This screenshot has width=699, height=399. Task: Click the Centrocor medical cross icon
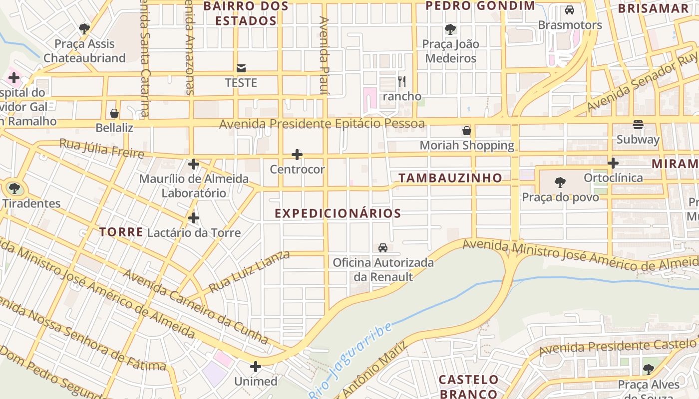[297, 155]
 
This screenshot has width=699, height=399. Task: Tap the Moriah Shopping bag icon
[467, 131]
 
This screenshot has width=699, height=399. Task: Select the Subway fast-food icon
[638, 125]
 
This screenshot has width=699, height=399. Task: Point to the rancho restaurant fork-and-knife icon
[402, 81]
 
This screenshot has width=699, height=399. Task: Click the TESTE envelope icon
[241, 68]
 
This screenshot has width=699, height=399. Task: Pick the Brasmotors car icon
[569, 10]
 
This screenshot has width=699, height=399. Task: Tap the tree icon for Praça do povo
[560, 183]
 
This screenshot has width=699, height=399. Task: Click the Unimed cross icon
[256, 367]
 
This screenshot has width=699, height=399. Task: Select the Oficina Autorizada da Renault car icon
[383, 247]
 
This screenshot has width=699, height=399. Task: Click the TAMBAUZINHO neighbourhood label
[450, 178]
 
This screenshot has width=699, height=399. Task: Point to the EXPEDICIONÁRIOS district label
[338, 213]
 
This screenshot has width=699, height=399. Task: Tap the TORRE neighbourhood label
[121, 232]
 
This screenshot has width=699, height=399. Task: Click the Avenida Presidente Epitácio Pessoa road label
[322, 123]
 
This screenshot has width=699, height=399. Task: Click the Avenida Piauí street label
[325, 55]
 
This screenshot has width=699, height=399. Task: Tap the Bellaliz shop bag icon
[114, 113]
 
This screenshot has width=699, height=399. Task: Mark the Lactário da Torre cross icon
[194, 218]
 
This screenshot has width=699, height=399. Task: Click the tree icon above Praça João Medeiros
[450, 29]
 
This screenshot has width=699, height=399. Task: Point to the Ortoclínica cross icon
[613, 163]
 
